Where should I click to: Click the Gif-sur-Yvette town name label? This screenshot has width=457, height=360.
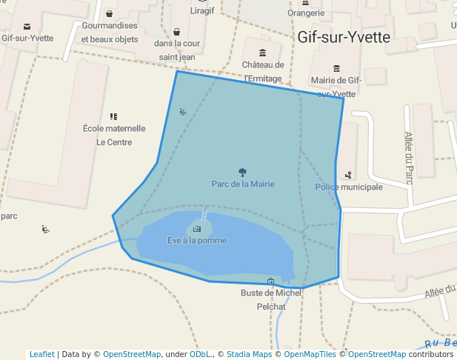343,38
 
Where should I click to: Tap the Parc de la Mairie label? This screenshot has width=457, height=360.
243,184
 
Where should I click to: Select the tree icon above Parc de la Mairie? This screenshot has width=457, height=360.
243,172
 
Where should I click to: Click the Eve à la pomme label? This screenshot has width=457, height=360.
197,240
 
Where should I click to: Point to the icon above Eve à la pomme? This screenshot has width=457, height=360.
196,229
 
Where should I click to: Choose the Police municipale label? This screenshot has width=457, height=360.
349,187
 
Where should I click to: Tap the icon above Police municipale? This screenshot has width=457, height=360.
348,175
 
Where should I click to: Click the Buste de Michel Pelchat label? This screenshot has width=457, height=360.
271,299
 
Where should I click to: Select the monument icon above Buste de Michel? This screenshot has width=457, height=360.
270,281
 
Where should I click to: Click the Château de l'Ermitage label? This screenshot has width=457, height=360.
263,71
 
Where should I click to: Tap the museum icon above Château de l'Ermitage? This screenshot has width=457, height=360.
262,52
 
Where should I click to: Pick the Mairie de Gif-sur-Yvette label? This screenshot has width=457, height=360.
336,86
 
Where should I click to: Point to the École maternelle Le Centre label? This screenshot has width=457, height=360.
114,135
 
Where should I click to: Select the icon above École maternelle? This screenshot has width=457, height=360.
113,116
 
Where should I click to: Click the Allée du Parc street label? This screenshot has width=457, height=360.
408,157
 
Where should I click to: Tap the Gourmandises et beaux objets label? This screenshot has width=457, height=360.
110,32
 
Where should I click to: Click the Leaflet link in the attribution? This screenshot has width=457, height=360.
41,354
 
